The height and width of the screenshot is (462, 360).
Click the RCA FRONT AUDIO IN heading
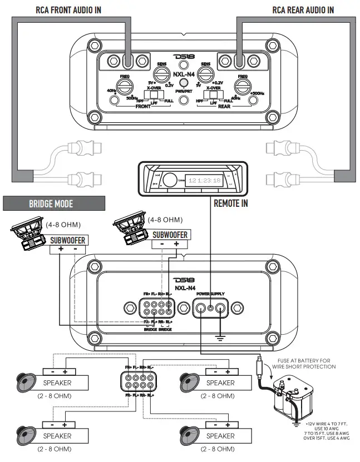click(x=68, y=10)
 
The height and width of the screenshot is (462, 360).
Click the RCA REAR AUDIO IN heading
click(x=303, y=10)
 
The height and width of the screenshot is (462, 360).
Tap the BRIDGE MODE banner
click(x=51, y=204)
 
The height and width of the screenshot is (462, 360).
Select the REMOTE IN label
click(x=231, y=203)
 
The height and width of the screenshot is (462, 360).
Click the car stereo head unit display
click(x=204, y=180)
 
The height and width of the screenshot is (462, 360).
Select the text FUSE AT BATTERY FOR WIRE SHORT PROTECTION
click(x=305, y=364)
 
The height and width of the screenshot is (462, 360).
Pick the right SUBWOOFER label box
click(x=170, y=235)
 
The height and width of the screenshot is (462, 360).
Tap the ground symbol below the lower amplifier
click(x=221, y=336)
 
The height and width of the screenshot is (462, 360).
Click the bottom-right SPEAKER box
click(x=220, y=436)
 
